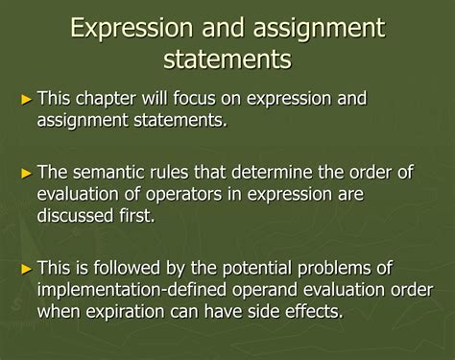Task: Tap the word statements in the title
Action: pyautogui.click(x=227, y=60)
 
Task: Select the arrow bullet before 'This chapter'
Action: pyautogui.click(x=27, y=99)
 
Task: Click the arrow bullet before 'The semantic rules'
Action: pyautogui.click(x=27, y=173)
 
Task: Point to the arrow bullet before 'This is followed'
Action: pyautogui.click(x=27, y=267)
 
